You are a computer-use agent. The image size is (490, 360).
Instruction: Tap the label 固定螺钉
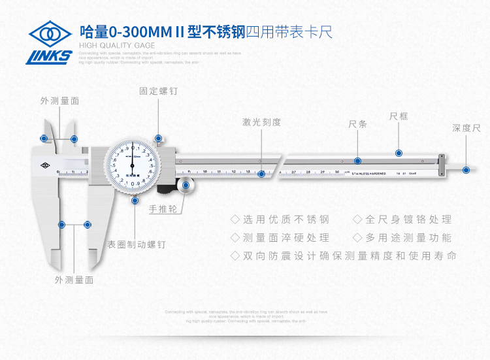point(158,91)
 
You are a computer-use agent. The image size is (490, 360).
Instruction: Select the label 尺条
point(357,125)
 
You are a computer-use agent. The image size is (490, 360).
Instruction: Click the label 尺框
point(399,116)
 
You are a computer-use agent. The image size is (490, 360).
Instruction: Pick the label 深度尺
point(466,128)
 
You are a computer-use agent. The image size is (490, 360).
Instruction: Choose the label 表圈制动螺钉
point(137,244)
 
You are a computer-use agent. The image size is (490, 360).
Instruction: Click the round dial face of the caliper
point(133,165)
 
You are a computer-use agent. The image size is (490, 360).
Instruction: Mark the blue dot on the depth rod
point(466,170)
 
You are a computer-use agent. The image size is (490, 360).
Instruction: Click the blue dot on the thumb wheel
point(186,186)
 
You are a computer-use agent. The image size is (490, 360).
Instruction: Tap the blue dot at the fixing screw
point(158,139)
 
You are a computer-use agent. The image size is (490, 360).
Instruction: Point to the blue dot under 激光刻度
point(261,174)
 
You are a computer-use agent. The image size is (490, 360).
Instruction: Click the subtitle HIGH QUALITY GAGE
point(117,45)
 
